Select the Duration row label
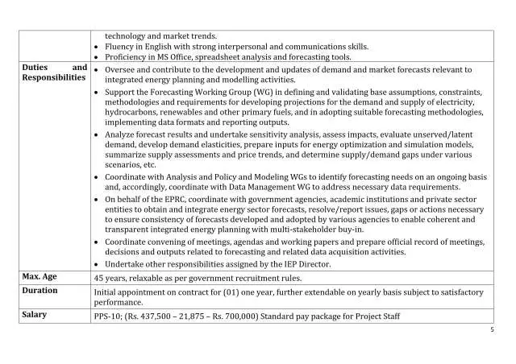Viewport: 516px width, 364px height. tap(42, 290)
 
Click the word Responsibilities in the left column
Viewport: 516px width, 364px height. tap(53, 79)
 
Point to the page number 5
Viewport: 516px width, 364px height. tap(492, 329)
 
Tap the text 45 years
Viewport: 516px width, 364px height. tap(111, 278)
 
